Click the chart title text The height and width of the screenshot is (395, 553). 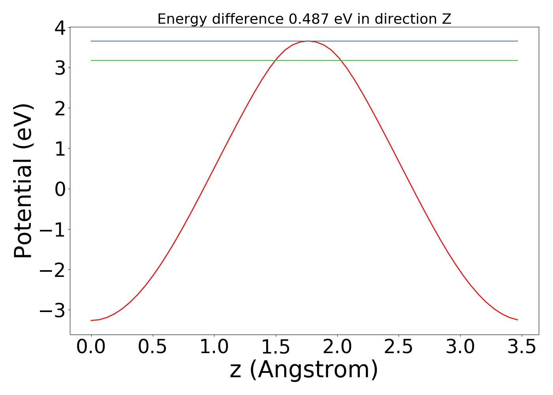click(304, 19)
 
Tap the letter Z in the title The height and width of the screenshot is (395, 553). click(446, 19)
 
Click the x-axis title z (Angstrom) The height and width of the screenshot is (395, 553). click(304, 370)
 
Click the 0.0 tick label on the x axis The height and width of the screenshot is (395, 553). click(91, 347)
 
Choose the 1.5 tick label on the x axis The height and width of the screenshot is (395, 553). click(276, 347)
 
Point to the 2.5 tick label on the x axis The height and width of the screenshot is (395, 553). click(399, 347)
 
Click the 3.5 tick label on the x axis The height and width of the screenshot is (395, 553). click(522, 347)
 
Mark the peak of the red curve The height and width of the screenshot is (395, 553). click(308, 41)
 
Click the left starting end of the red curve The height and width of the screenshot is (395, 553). click(91, 320)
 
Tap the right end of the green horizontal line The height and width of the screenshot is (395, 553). click(517, 60)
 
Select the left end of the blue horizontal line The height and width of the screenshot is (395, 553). click(91, 41)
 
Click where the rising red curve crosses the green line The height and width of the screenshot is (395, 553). click(275, 60)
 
